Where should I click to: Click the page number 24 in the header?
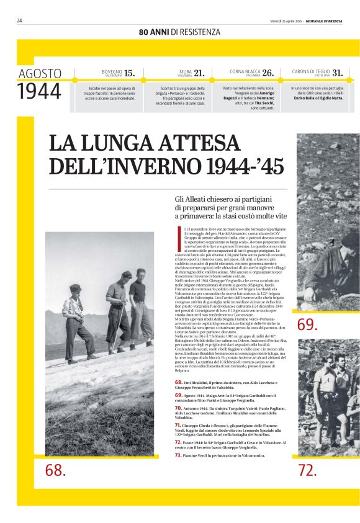click(20, 20)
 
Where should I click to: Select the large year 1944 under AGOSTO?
click(39, 91)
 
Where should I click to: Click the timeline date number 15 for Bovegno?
click(129, 73)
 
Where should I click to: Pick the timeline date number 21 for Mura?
click(199, 73)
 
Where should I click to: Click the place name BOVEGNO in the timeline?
click(112, 71)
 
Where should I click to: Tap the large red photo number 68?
click(55, 470)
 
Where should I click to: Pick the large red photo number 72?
click(307, 470)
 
